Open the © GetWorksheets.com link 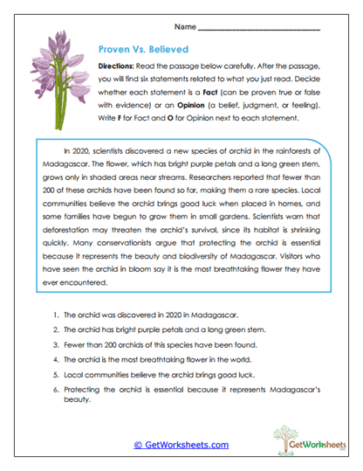(181, 445)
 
